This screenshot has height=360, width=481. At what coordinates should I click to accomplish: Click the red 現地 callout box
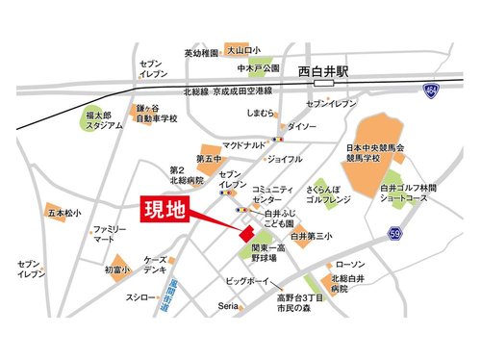(166, 208)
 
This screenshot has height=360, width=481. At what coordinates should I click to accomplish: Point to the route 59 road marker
(395, 232)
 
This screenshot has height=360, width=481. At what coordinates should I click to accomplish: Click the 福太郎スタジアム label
(102, 118)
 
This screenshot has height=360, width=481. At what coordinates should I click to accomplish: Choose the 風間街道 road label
(174, 291)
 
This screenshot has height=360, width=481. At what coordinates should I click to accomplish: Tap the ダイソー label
(301, 126)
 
